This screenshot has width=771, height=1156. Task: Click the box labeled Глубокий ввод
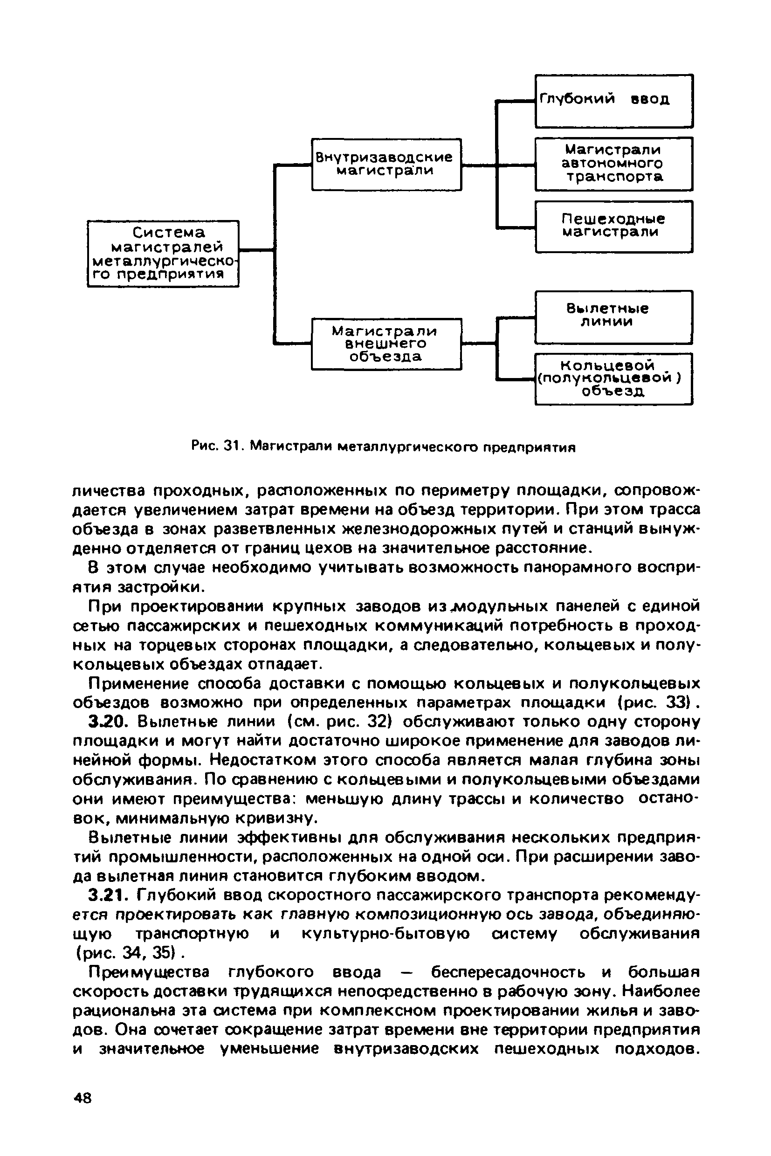tap(613, 101)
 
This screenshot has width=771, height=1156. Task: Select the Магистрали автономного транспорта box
tap(613, 164)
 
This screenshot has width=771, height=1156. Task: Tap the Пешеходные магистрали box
tap(613, 226)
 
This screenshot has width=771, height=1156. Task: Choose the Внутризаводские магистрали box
tap(386, 164)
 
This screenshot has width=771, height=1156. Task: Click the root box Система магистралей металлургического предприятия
tap(163, 253)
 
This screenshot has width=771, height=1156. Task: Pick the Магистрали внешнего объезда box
tap(386, 344)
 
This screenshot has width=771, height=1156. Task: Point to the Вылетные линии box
tap(613, 316)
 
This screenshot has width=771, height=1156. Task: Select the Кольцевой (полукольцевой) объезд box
tap(613, 378)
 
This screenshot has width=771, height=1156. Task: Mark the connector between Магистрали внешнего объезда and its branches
tap(479, 344)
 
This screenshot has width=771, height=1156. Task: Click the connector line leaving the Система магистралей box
tap(256, 250)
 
